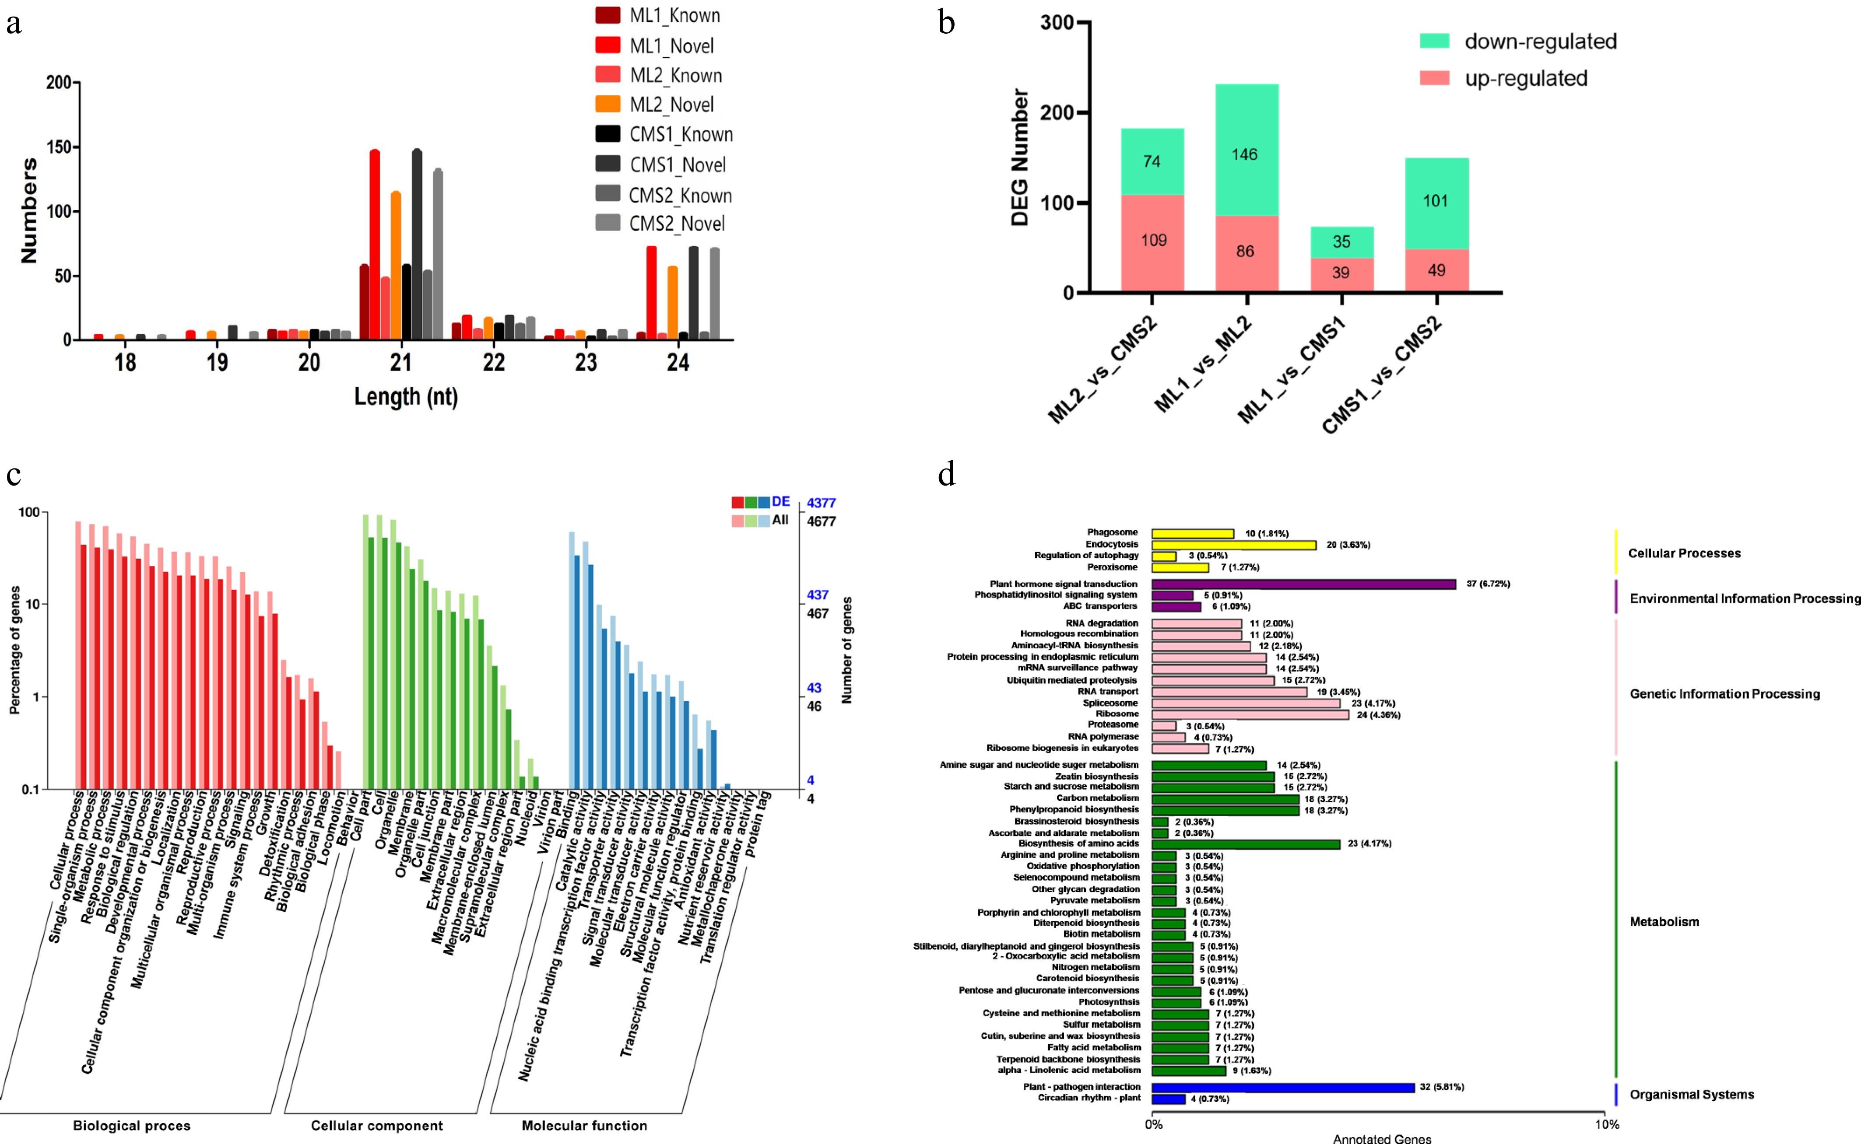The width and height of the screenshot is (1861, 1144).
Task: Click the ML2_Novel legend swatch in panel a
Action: click(x=608, y=104)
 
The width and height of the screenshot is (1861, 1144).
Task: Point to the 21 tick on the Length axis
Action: click(x=401, y=362)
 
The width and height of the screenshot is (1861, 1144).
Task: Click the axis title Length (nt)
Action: click(x=407, y=396)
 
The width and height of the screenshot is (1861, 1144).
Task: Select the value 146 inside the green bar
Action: click(x=1244, y=154)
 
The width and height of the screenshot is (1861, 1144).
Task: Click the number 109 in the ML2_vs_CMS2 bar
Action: click(x=1153, y=241)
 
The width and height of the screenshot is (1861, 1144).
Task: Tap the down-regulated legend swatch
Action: click(x=1434, y=41)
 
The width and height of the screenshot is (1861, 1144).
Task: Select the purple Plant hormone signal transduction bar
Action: click(x=1303, y=584)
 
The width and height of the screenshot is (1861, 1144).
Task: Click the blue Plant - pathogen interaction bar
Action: click(x=1283, y=1087)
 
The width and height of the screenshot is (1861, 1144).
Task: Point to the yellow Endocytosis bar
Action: click(x=1234, y=545)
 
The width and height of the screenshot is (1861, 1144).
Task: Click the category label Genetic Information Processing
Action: click(x=1724, y=694)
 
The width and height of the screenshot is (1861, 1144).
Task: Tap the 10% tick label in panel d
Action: click(x=1607, y=1124)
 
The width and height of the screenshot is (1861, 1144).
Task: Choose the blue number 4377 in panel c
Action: click(x=821, y=502)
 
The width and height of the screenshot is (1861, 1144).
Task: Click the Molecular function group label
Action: click(x=584, y=1126)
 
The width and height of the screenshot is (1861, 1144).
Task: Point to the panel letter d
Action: click(x=946, y=474)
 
